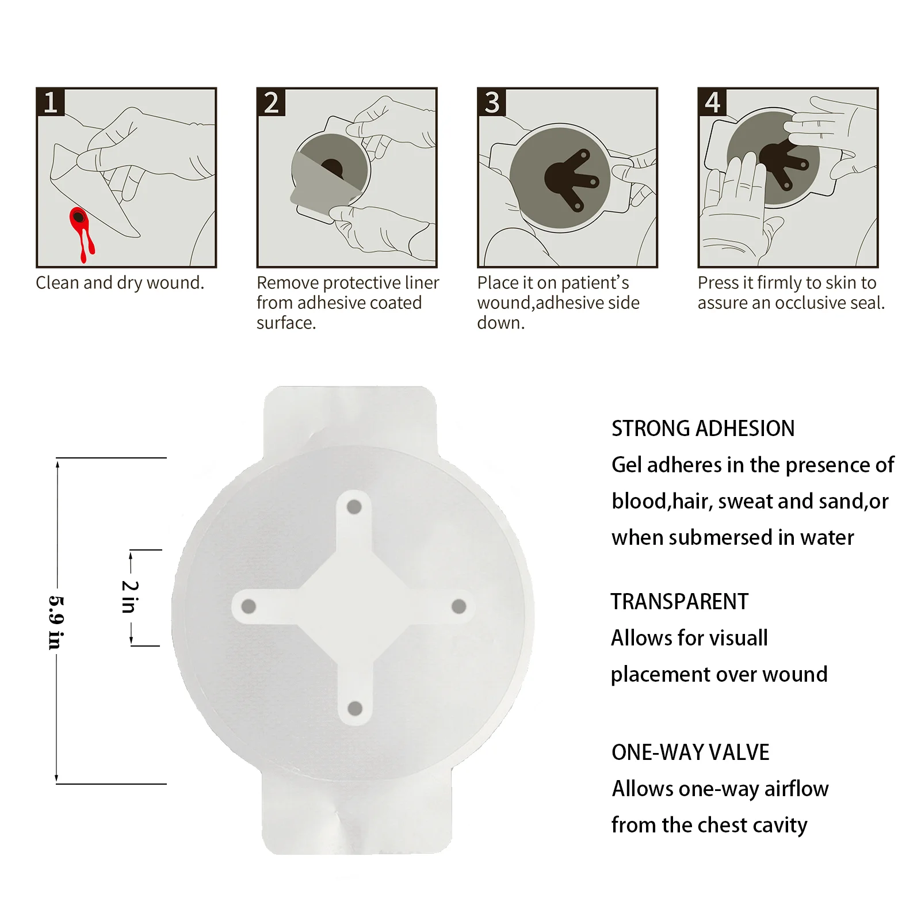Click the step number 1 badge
pos(51,102)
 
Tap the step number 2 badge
pos(271,102)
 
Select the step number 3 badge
pos(492,102)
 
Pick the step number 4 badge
pos(712,102)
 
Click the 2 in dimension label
pos(130,597)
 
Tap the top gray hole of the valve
pos(354,507)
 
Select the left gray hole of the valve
pos(249,606)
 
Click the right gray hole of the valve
pos(459,606)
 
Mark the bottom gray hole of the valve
pos(355,708)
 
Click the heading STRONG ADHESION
pos(703,429)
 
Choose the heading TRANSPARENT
pos(679,602)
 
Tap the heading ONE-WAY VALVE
pos(690,752)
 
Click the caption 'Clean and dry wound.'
pos(120,283)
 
